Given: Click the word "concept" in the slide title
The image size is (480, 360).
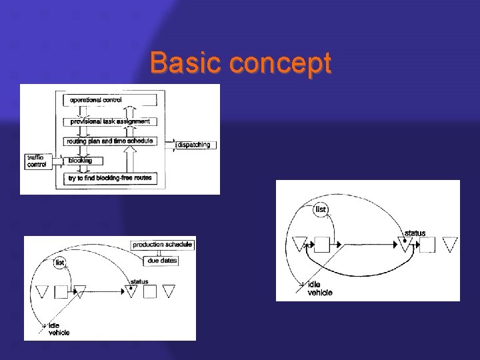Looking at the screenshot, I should (x=280, y=65).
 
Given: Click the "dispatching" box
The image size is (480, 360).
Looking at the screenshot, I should (x=195, y=145).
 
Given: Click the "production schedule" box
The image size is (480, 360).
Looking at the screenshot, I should (x=162, y=245).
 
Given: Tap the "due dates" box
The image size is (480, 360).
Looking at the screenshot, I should (x=162, y=261).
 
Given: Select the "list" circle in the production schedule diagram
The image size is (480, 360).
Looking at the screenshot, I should (x=60, y=263).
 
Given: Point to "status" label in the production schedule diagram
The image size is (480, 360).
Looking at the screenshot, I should (x=139, y=281).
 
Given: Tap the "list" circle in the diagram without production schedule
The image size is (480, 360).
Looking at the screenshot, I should (x=321, y=209).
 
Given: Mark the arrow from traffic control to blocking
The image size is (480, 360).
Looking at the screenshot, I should (x=58, y=161).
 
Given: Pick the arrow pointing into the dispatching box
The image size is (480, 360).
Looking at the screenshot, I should (x=170, y=145).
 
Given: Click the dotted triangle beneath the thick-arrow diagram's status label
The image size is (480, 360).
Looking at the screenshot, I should (x=404, y=245).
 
